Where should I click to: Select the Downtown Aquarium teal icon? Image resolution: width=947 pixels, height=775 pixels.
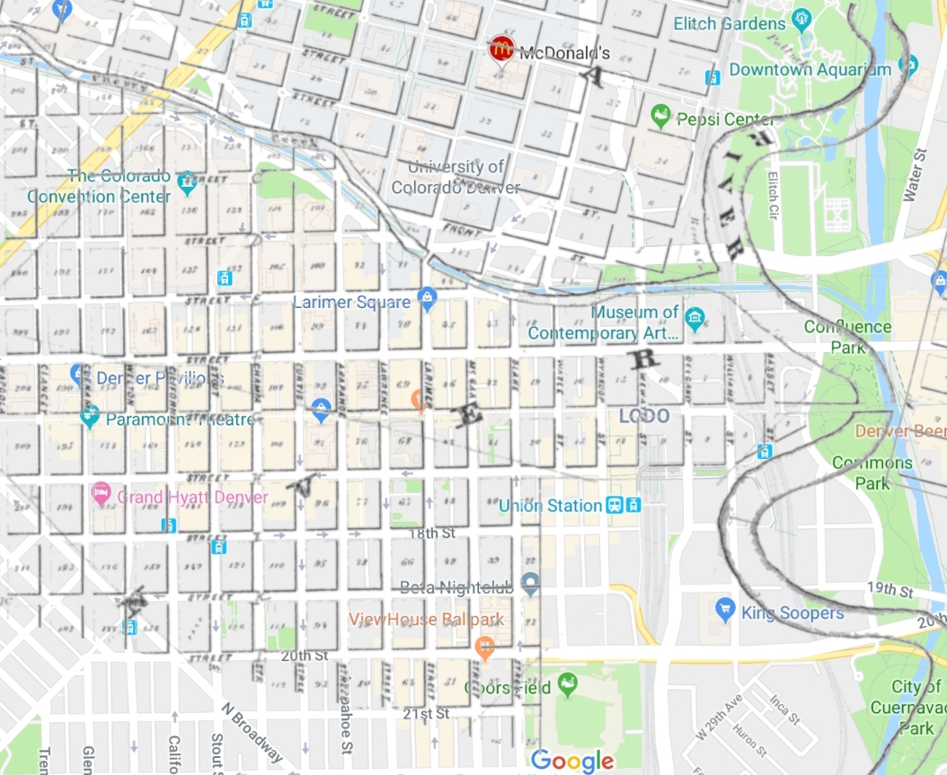point(908,66)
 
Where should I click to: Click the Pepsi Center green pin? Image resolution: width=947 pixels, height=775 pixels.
point(661,115)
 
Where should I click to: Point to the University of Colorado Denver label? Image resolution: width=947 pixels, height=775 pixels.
point(456,177)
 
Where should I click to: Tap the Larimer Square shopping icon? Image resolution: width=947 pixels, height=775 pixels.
point(428,299)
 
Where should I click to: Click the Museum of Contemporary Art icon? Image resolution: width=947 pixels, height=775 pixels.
point(694,317)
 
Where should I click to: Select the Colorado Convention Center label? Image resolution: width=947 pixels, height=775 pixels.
point(99,187)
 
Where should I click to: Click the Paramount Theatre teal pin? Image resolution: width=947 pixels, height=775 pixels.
point(89,417)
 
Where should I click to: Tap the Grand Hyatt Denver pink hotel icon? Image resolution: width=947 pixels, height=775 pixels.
point(102,493)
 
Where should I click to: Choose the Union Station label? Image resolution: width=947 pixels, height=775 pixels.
point(550,506)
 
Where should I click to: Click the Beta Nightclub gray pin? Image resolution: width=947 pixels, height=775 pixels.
point(530,585)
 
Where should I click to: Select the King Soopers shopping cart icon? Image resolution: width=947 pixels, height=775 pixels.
point(725,611)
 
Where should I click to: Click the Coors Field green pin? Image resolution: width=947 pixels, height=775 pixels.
point(568,685)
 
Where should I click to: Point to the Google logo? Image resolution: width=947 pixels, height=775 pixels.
point(572,761)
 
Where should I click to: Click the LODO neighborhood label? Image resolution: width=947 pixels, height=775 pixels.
point(644,416)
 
